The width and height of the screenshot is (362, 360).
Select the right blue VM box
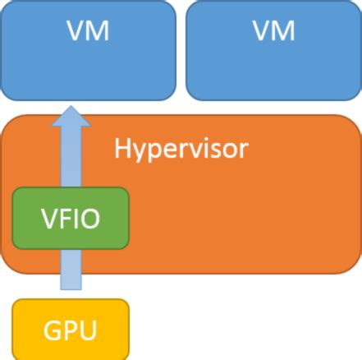coord(273,49)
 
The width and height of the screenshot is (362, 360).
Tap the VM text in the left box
coord(88,32)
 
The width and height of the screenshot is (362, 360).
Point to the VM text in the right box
coord(273,32)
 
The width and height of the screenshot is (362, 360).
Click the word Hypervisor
coord(181,150)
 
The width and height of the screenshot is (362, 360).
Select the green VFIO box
coord(71,218)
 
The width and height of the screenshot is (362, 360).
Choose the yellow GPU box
coord(71,330)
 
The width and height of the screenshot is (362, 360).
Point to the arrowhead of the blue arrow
coord(71,116)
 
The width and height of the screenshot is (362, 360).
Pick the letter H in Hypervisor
coord(122,149)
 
